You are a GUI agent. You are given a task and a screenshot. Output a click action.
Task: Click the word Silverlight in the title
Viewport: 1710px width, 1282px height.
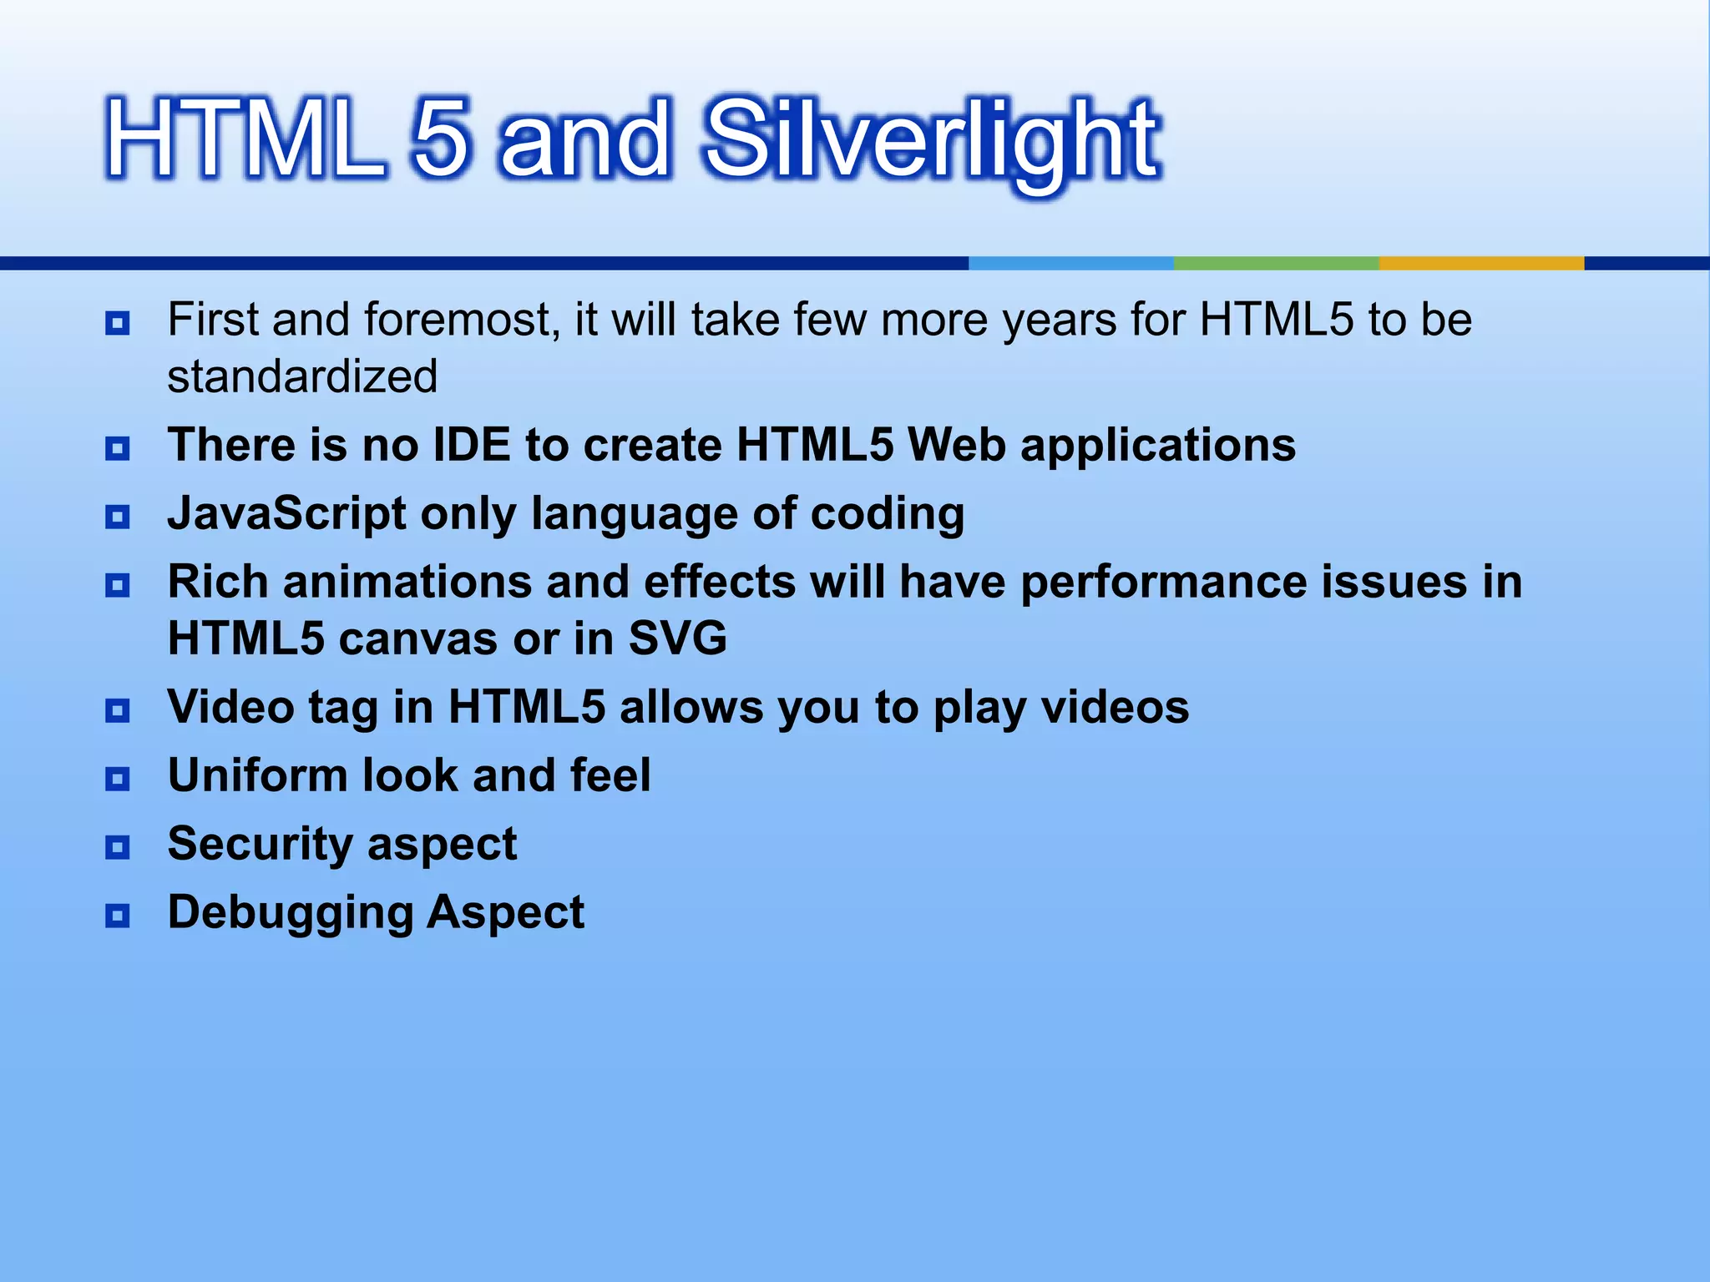coord(931,142)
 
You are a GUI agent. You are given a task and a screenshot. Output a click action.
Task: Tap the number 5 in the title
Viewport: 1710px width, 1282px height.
coord(440,139)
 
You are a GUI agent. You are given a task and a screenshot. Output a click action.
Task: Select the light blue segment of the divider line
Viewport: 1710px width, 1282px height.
coord(1070,263)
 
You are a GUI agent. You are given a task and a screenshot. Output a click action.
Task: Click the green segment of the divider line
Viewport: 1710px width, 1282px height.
coord(1276,263)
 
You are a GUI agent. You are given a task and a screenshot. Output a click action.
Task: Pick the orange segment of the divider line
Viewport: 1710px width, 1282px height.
coord(1480,263)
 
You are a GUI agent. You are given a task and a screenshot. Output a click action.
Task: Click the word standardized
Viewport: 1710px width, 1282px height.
coord(302,376)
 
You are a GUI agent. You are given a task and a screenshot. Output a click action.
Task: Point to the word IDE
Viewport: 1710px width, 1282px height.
coord(472,444)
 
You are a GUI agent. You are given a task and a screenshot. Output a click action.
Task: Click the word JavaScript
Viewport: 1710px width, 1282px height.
coord(286,512)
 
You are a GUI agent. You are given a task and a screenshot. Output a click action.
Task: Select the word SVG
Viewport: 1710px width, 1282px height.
coord(677,638)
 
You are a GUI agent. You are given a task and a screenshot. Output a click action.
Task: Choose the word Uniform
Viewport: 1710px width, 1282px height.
coord(257,775)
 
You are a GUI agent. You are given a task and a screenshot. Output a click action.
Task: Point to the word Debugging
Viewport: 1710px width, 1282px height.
coord(290,912)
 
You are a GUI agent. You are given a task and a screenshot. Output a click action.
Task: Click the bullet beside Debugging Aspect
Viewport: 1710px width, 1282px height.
coord(118,916)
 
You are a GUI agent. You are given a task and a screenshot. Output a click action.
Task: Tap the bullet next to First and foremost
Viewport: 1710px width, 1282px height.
coord(118,323)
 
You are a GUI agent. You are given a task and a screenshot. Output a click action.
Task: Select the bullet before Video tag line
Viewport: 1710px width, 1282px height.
coord(118,710)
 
